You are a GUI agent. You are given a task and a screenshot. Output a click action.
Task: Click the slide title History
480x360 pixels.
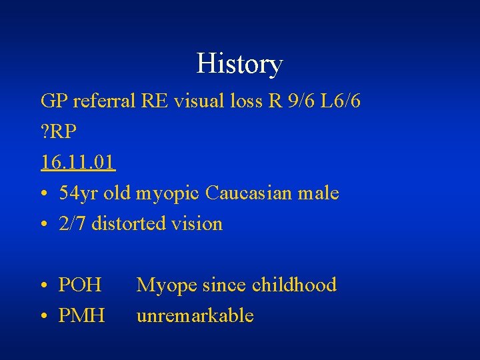[x=239, y=65]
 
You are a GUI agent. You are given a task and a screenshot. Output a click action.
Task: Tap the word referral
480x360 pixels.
[x=103, y=101]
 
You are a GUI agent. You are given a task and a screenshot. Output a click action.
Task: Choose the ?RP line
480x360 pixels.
[x=58, y=131]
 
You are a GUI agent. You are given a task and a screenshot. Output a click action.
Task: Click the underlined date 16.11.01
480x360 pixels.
[x=77, y=162]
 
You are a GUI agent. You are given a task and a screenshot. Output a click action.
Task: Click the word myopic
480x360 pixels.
[x=169, y=194]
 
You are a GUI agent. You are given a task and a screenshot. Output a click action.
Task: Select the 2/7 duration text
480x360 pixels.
[x=72, y=223]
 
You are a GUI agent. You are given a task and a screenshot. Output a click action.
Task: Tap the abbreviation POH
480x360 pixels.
[x=80, y=285]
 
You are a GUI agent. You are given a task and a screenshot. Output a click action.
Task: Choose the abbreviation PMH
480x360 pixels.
[x=81, y=315]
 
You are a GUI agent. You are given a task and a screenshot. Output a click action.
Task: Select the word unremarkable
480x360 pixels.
[x=195, y=315]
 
